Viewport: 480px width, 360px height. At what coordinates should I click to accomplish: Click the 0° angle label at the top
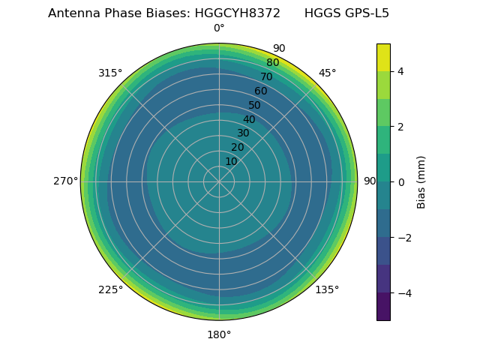click(219, 28)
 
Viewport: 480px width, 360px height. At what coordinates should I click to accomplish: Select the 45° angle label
click(327, 73)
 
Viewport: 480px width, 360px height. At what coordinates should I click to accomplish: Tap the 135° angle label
click(327, 289)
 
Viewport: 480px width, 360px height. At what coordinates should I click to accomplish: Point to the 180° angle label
click(219, 334)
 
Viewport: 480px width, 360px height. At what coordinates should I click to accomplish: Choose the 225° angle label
click(110, 289)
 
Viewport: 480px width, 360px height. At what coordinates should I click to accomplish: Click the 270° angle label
click(65, 181)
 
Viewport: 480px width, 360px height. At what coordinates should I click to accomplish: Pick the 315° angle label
click(110, 73)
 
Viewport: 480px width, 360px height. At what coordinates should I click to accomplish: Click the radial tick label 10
click(232, 161)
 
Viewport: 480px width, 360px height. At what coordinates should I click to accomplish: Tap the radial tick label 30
click(243, 133)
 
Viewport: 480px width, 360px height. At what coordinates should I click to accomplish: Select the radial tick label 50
click(255, 105)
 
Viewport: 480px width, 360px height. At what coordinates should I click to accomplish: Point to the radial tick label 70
click(266, 77)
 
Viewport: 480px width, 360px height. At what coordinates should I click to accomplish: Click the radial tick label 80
click(272, 63)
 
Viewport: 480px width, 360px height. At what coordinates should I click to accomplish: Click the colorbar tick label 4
click(400, 71)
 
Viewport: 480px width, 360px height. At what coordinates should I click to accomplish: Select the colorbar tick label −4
click(403, 293)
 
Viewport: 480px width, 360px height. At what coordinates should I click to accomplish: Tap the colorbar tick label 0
click(400, 182)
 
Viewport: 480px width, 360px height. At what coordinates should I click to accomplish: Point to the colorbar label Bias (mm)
click(421, 181)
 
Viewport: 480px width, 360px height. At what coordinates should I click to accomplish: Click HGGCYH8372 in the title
click(232, 13)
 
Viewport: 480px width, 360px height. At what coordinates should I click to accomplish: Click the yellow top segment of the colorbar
click(383, 57)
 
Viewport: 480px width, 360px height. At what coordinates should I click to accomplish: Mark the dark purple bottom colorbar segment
click(383, 307)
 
